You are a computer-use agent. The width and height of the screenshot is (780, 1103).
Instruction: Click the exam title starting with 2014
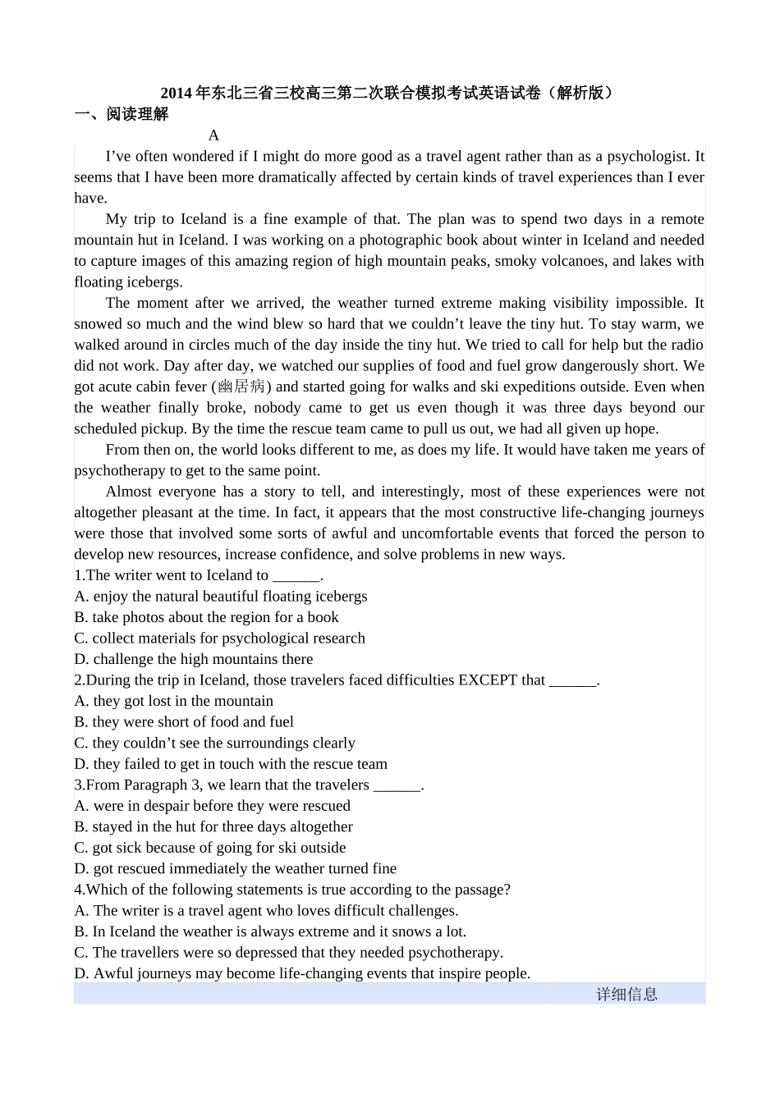point(387,93)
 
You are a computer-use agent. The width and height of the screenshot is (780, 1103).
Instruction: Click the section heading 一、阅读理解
point(122,114)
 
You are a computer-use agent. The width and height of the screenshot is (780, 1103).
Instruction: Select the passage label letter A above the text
point(213,135)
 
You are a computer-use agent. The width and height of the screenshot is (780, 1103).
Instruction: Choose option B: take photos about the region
point(206,617)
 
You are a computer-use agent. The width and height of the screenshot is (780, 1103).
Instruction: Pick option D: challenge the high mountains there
point(194,659)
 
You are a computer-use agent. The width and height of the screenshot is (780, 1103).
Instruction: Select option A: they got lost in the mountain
point(174,701)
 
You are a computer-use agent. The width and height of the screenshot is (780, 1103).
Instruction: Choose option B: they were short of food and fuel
point(184,721)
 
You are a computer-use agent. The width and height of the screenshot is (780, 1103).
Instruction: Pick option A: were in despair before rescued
point(213,806)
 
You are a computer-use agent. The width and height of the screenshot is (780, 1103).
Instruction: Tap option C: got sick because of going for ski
point(210,848)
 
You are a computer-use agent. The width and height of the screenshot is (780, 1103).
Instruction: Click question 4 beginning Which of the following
point(292,890)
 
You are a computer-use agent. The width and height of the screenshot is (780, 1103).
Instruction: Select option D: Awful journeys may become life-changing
point(302,973)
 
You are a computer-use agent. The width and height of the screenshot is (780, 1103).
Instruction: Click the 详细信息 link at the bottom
point(626,994)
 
